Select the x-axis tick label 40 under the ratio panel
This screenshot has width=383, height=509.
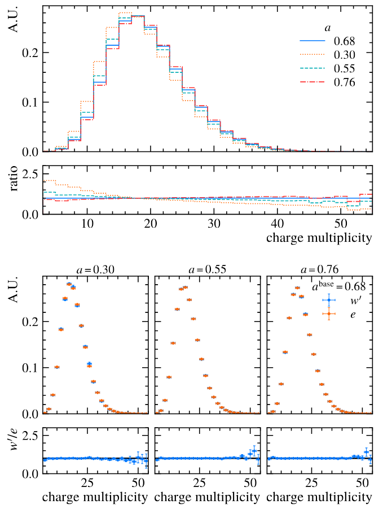point(277,224)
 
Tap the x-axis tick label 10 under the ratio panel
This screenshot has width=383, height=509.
point(87,224)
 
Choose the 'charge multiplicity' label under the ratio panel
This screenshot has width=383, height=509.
point(319,238)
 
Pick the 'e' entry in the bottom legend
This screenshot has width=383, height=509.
point(352,314)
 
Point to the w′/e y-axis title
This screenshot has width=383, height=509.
point(15,451)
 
